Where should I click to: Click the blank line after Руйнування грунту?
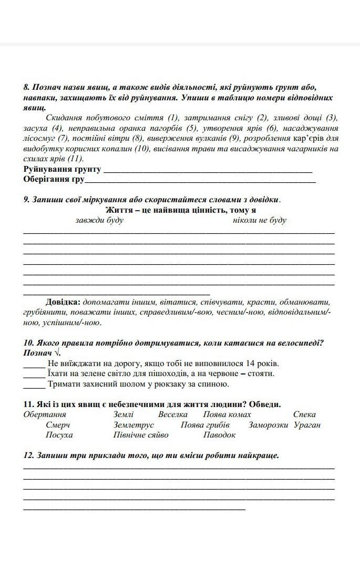coord(208,170)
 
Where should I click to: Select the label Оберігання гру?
coord(54,180)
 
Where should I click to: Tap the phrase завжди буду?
coord(99,220)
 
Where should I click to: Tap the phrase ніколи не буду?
coord(260,220)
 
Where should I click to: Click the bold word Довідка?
coord(63,302)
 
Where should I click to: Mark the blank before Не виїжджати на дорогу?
coord(34,363)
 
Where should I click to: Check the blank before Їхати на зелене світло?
coord(34,373)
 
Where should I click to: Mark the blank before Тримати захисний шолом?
coord(34,384)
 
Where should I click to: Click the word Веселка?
coord(172,414)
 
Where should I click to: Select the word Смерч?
coord(57,425)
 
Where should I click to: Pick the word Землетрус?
coord(133,425)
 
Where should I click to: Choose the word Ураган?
coord(307,425)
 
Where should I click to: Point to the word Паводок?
coord(220,435)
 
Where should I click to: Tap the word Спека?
coord(305,414)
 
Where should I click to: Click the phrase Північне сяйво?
coord(141,435)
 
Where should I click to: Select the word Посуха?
coord(59,435)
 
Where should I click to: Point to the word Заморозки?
coord(269,425)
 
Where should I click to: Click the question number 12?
coord(28,455)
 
